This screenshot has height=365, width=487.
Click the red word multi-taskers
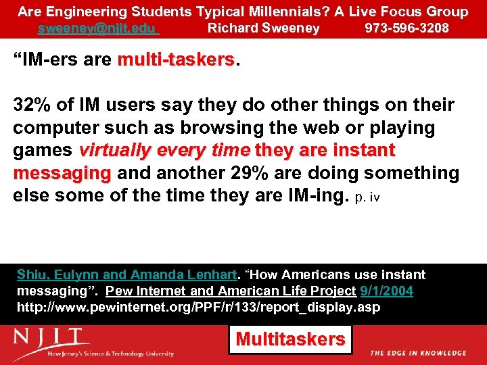(x=175, y=60)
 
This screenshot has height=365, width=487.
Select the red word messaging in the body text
(x=62, y=173)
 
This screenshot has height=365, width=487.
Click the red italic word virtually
(x=117, y=150)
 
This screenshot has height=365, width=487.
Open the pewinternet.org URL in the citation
(x=198, y=308)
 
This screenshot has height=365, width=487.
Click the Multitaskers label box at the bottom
(x=290, y=339)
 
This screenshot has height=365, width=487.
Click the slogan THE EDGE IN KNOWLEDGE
(x=418, y=353)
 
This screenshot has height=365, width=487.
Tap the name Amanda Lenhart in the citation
(x=182, y=274)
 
